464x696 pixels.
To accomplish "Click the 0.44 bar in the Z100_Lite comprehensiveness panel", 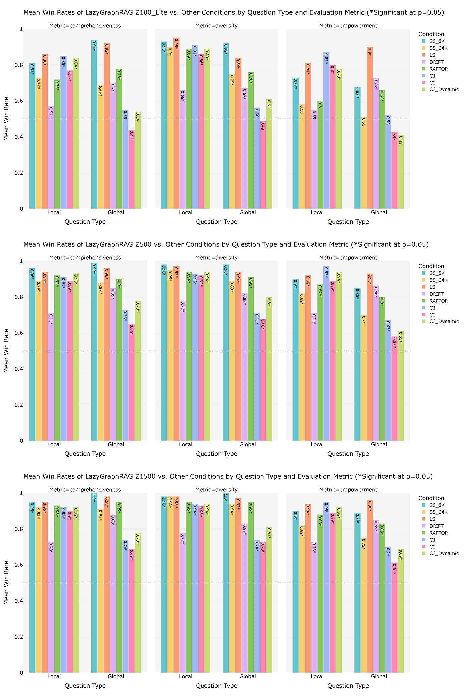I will click(132, 169).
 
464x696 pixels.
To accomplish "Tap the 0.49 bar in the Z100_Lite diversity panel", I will click(263, 165).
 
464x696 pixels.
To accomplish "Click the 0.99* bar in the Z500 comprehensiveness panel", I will click(94, 352).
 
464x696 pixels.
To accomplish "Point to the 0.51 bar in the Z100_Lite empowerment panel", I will click(364, 163).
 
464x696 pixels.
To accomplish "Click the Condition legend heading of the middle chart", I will click(431, 266).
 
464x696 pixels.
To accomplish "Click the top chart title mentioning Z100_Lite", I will click(233, 13).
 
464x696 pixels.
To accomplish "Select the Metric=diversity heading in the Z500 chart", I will click(216, 258).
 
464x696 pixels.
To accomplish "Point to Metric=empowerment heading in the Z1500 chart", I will click(348, 490).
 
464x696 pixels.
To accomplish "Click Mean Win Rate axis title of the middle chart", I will click(6, 351).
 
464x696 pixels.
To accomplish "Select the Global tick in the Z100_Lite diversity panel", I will click(248, 212).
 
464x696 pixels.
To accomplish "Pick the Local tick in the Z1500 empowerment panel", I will click(317, 676).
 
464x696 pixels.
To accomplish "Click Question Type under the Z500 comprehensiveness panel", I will click(85, 454).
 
